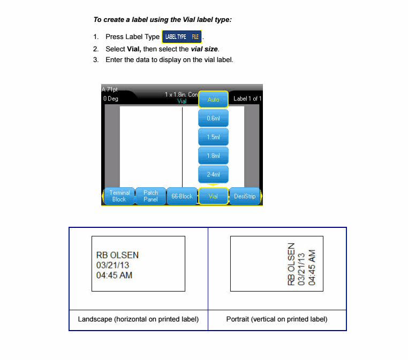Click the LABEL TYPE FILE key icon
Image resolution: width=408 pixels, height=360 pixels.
(182, 37)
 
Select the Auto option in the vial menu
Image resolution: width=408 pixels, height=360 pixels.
(213, 99)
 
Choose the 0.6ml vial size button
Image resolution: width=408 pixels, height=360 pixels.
(213, 118)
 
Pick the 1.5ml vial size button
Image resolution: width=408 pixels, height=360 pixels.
(213, 137)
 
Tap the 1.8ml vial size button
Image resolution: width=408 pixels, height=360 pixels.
(213, 156)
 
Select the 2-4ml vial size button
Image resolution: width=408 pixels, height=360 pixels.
(213, 174)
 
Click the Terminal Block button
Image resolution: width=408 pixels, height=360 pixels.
(119, 196)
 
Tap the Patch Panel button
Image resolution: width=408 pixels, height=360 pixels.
(150, 196)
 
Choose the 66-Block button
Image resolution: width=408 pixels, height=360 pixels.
(182, 196)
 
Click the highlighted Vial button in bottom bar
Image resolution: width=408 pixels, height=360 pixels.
(213, 196)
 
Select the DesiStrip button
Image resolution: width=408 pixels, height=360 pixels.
(245, 196)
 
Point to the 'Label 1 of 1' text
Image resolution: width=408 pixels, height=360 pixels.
(247, 99)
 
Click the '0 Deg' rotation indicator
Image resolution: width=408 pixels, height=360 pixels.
(111, 99)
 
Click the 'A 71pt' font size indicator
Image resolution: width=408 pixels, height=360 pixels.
(110, 89)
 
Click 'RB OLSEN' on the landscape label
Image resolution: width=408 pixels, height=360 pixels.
(117, 256)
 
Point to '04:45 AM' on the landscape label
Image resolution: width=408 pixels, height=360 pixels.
(114, 275)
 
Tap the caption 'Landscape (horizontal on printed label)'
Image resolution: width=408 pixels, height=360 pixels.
(138, 319)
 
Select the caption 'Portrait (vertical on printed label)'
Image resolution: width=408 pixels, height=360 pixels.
(277, 319)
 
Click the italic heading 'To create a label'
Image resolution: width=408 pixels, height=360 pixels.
(162, 20)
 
